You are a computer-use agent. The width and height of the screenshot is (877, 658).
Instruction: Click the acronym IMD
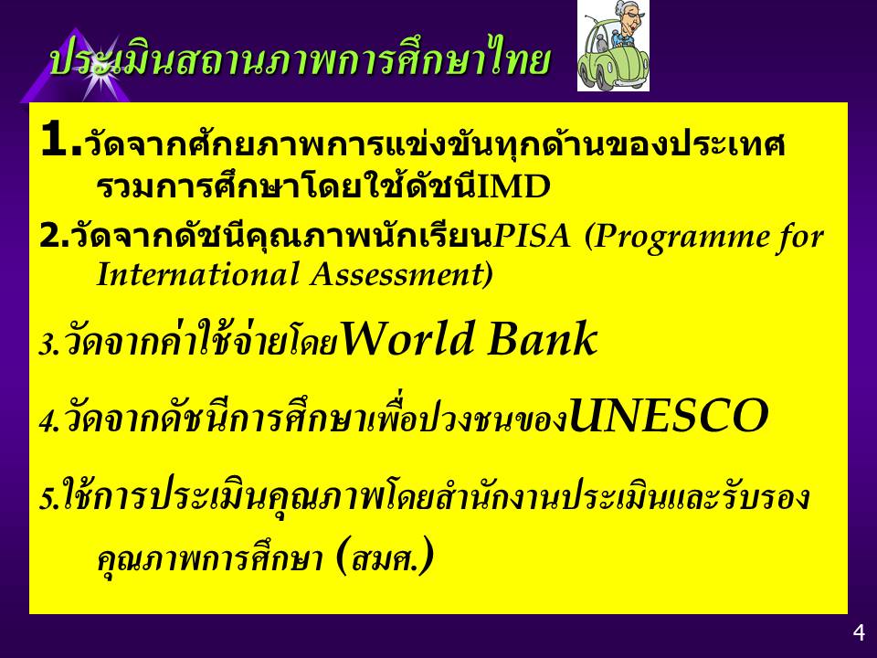[513, 186]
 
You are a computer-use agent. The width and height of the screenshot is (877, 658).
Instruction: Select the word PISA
[532, 236]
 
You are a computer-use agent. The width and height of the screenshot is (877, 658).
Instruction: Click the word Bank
[543, 338]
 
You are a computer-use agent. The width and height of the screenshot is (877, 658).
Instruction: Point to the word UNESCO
[669, 415]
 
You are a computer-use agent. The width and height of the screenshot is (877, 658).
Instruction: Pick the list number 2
[49, 237]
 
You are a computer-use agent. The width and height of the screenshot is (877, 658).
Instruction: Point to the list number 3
[46, 345]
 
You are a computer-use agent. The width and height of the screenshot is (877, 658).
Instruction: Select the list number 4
[47, 422]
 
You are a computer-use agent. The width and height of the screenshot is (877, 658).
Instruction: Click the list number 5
[46, 499]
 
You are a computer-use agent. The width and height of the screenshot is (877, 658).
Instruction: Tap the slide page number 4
[859, 632]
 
